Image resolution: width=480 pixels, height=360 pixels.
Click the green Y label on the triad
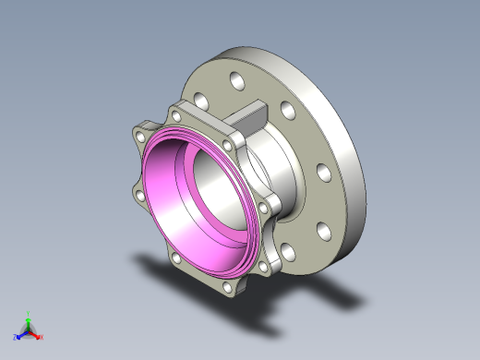(x=30, y=314)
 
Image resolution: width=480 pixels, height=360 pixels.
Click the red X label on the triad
(x=42, y=337)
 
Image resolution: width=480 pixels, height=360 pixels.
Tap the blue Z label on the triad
(x=16, y=337)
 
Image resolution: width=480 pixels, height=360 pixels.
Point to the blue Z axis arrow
(x=21, y=334)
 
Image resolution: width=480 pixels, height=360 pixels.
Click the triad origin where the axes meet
(x=30, y=330)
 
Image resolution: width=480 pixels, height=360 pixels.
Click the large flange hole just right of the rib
(x=288, y=112)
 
